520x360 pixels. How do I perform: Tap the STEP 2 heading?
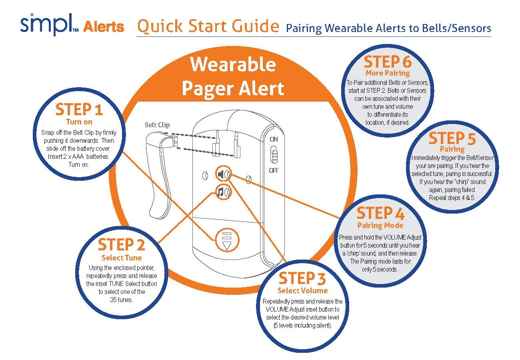tap(121, 245)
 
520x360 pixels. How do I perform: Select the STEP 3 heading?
tap(302, 278)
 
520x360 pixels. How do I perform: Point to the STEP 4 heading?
tap(380, 214)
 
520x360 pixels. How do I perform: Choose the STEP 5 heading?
tap(452, 139)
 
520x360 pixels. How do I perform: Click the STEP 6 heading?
tap(388, 62)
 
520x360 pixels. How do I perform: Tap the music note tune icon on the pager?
tap(220, 192)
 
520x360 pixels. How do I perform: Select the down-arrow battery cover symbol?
tap(227, 240)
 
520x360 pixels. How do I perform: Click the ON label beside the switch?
tap(274, 140)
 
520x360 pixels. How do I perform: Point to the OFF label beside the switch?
tap(274, 170)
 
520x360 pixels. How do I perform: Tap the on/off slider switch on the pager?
tap(274, 155)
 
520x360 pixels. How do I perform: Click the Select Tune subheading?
tap(122, 258)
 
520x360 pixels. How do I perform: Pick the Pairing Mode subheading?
tap(380, 226)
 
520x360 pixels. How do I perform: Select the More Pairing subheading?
tap(388, 73)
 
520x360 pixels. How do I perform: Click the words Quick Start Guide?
tap(208, 26)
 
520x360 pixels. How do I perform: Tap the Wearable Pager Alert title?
tap(233, 76)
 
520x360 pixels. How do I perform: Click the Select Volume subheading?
tap(302, 290)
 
